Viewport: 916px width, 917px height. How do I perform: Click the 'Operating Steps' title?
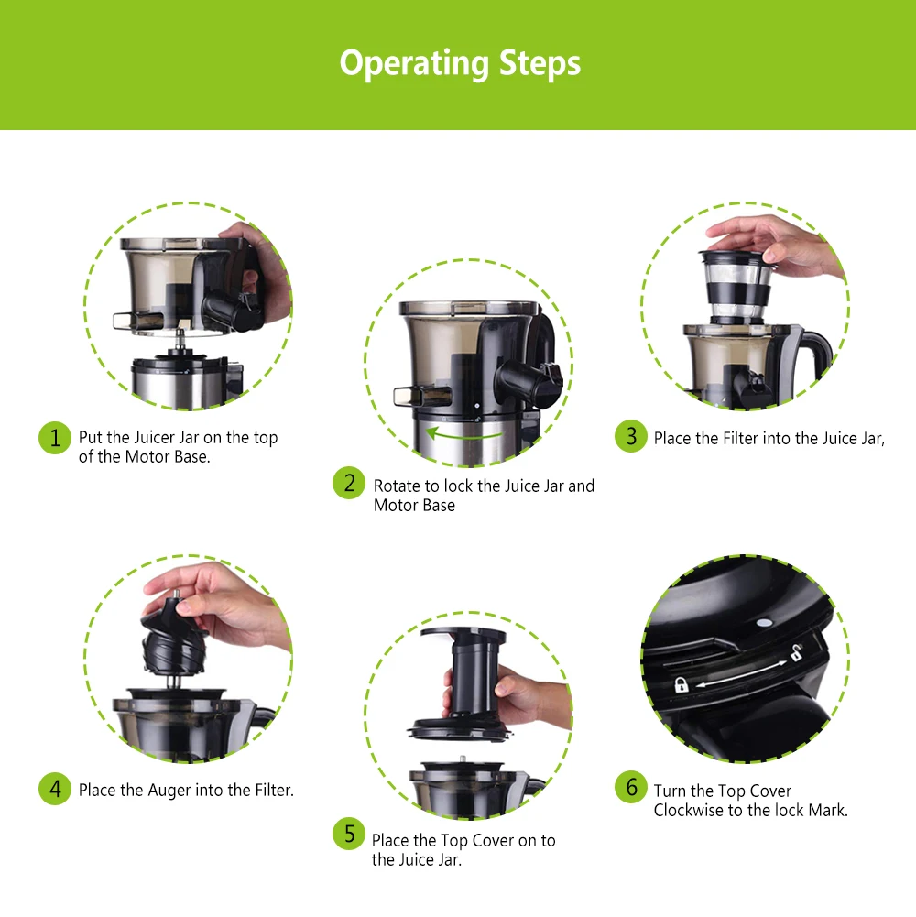click(x=460, y=64)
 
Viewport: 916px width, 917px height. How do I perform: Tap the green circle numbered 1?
click(x=55, y=438)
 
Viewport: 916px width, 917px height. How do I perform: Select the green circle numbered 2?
click(x=349, y=483)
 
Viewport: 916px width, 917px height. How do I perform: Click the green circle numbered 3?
click(x=630, y=436)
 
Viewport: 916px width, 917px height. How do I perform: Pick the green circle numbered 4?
click(x=55, y=788)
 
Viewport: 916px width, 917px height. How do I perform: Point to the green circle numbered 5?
click(x=349, y=834)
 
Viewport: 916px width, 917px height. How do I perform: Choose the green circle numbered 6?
click(x=630, y=786)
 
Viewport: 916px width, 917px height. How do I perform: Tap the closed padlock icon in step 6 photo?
click(x=681, y=684)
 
